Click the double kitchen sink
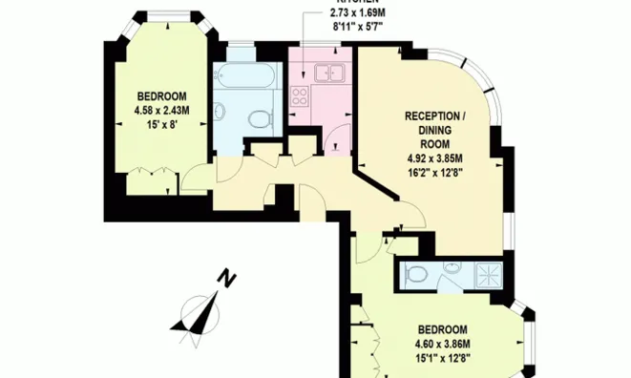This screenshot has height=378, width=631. coord(330,72)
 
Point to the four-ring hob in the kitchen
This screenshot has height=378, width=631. coord(299,95)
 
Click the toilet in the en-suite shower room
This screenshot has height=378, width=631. coord(416,275)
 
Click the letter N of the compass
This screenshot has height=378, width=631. coord(226,280)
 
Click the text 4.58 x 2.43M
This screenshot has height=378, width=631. coord(161,109)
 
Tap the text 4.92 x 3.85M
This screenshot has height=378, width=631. coord(433,158)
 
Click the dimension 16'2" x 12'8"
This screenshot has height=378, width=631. coord(433,173)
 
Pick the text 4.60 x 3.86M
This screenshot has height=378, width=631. coord(442,345)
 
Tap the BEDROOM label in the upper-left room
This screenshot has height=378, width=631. coord(161,95)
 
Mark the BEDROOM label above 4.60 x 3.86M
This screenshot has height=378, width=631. coord(442,330)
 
